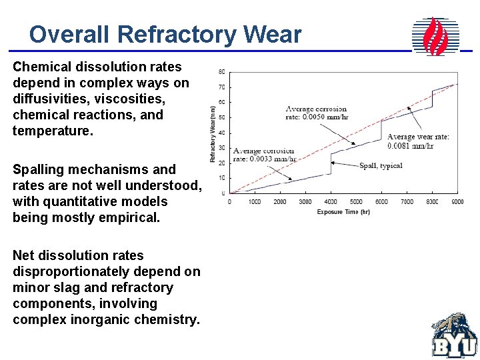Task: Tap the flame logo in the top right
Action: pos(436,36)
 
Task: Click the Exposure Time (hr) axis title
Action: pos(343,212)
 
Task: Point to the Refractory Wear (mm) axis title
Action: pos(213,133)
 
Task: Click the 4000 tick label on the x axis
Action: pos(330,202)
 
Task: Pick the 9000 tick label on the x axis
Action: pos(457,202)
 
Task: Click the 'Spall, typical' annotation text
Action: pos(381,165)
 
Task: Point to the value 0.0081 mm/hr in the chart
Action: pos(411,145)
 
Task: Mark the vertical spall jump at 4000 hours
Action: pos(331,164)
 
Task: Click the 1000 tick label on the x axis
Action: pos(255,202)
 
